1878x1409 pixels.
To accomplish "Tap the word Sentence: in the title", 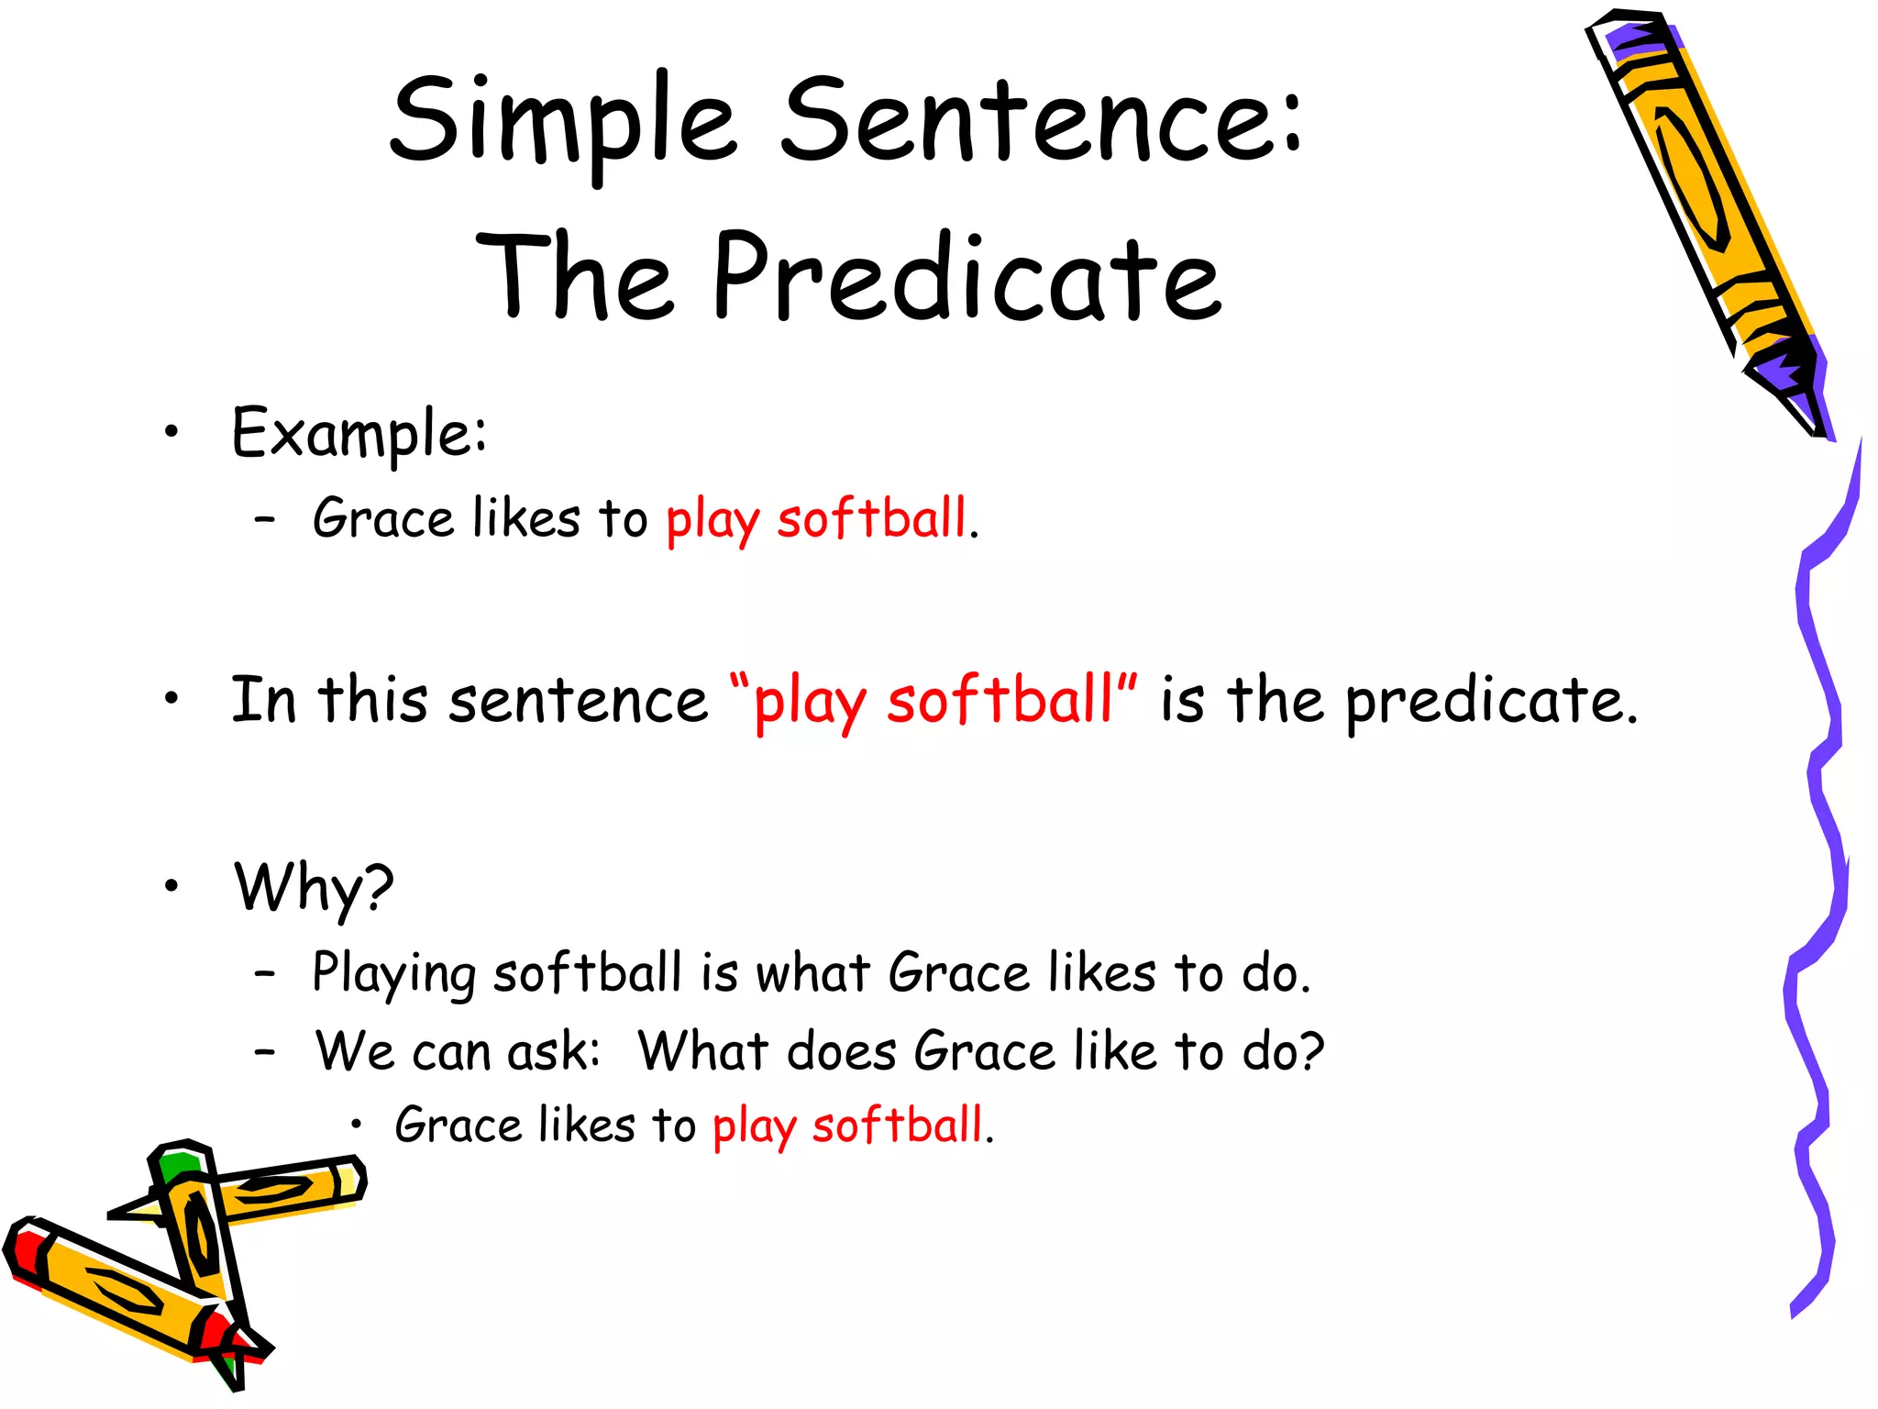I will (x=1041, y=121).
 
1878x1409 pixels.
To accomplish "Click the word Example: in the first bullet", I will (x=359, y=434).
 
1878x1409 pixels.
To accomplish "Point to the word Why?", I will (x=314, y=888).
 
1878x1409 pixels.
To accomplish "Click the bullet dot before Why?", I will (x=171, y=886).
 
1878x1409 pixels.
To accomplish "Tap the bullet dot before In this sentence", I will (x=171, y=700).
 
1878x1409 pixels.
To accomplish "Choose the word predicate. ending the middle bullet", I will (x=1490, y=703).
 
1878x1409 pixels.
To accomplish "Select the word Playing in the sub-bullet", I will (x=393, y=974).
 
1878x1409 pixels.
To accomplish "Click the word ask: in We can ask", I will (x=554, y=1051).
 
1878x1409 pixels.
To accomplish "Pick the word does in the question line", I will (x=841, y=1051).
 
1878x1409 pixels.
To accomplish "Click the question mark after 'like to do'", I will (x=1312, y=1051).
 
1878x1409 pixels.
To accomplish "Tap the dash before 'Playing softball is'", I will (x=265, y=974).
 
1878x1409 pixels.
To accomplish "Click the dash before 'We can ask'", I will (x=265, y=1052).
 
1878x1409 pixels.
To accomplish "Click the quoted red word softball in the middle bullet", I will (x=1000, y=701).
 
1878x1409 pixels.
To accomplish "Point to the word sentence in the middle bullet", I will (x=578, y=701).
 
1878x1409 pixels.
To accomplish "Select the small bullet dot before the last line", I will (x=357, y=1126).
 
